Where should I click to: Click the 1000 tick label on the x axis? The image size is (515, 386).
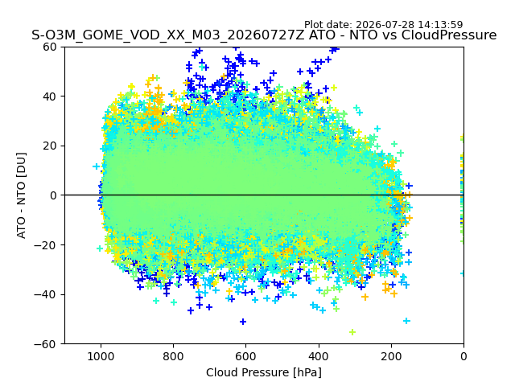pos(101,356)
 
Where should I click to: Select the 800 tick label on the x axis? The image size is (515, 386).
pos(174,356)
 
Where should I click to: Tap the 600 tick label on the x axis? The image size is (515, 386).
pos(246,356)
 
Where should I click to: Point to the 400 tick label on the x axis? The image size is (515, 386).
pos(319,356)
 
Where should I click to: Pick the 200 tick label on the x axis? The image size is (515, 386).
pos(391,356)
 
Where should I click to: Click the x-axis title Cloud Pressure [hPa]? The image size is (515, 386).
pos(264,373)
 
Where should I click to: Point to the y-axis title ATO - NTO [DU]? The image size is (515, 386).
pos(22,195)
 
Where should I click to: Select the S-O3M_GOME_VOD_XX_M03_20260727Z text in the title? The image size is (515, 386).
pos(168,35)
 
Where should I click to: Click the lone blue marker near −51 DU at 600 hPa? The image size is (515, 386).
pos(243,322)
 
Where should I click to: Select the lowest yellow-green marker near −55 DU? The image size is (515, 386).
pos(352,332)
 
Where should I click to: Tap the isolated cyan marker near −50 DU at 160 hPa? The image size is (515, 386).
pos(406,321)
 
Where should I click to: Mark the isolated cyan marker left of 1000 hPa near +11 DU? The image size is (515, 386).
pos(96,166)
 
